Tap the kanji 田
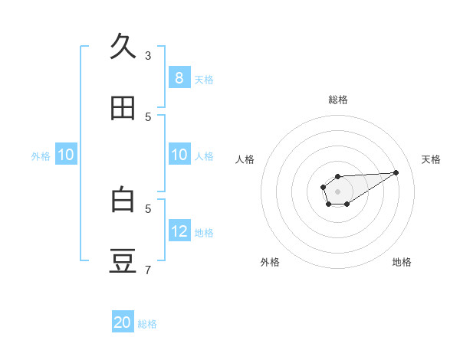[123, 109]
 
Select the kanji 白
[123, 200]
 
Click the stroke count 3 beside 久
[148, 56]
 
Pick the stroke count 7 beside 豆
[148, 270]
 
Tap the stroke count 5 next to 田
[148, 117]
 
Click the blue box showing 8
[179, 78]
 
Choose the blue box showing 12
[179, 231]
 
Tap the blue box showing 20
[123, 322]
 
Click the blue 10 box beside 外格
[66, 155]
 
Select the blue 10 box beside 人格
[179, 155]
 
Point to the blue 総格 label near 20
[147, 324]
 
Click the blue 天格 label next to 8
[204, 80]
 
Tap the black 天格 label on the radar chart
[432, 159]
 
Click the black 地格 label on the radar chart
[402, 262]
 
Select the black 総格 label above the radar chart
[338, 100]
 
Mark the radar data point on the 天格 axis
[396, 172]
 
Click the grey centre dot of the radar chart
[338, 191]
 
